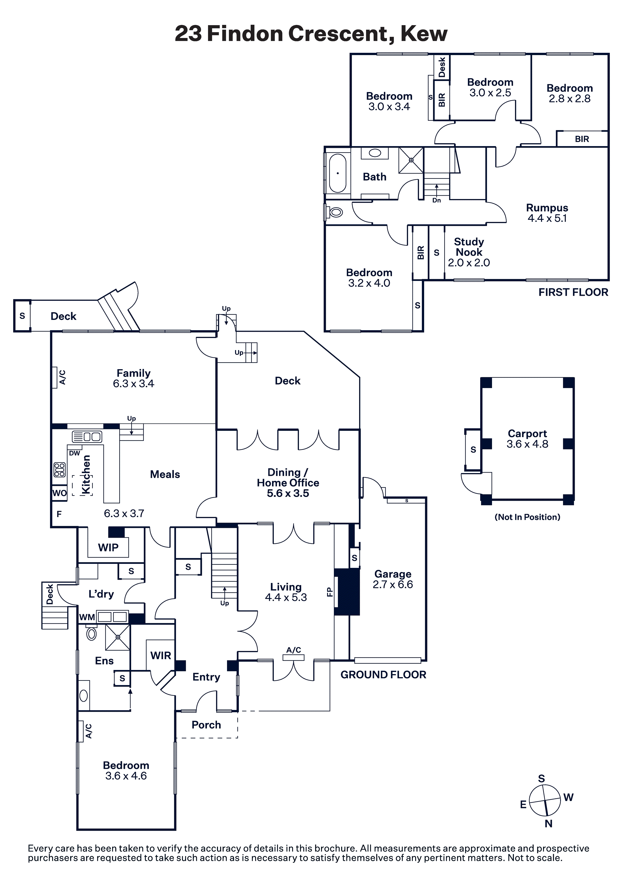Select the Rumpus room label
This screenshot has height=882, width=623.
pyautogui.click(x=547, y=208)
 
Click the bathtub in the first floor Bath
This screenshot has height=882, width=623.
pyautogui.click(x=338, y=173)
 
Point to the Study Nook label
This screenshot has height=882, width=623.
pyautogui.click(x=469, y=247)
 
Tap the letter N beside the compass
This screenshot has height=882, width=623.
pyautogui.click(x=549, y=824)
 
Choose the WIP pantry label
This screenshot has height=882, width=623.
pyautogui.click(x=108, y=548)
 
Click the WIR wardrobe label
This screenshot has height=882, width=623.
pyautogui.click(x=161, y=655)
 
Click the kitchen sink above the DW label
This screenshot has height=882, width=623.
pyautogui.click(x=87, y=437)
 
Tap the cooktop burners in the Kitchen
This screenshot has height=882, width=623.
pyautogui.click(x=60, y=470)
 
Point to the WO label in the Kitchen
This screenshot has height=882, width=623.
pyautogui.click(x=60, y=493)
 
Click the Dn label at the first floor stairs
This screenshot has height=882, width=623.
pyautogui.click(x=436, y=200)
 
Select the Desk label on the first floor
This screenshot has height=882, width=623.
pyautogui.click(x=442, y=67)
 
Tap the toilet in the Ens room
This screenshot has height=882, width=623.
pyautogui.click(x=92, y=632)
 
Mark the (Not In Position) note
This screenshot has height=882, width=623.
pyautogui.click(x=527, y=517)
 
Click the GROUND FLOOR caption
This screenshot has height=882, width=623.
pyautogui.click(x=383, y=675)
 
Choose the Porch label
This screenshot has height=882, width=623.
pyautogui.click(x=206, y=725)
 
